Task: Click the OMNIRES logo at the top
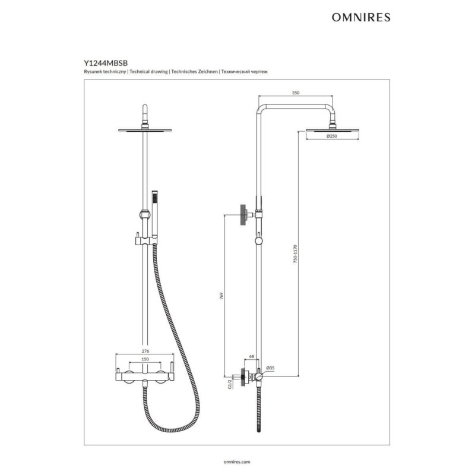(361, 17)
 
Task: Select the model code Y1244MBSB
(106, 63)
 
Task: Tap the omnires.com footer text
(237, 462)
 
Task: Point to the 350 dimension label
(296, 93)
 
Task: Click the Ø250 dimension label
(332, 136)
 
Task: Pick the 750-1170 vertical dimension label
(295, 254)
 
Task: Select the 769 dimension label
(221, 296)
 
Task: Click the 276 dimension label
(145, 351)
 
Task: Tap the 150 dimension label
(145, 359)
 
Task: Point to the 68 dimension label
(251, 357)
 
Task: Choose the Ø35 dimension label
(270, 368)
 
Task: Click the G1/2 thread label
(230, 384)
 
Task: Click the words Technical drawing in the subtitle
(148, 72)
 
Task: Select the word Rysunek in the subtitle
(93, 72)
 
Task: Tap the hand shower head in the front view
(154, 213)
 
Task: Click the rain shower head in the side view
(332, 130)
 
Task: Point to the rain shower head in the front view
(145, 130)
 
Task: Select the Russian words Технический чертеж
(244, 72)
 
